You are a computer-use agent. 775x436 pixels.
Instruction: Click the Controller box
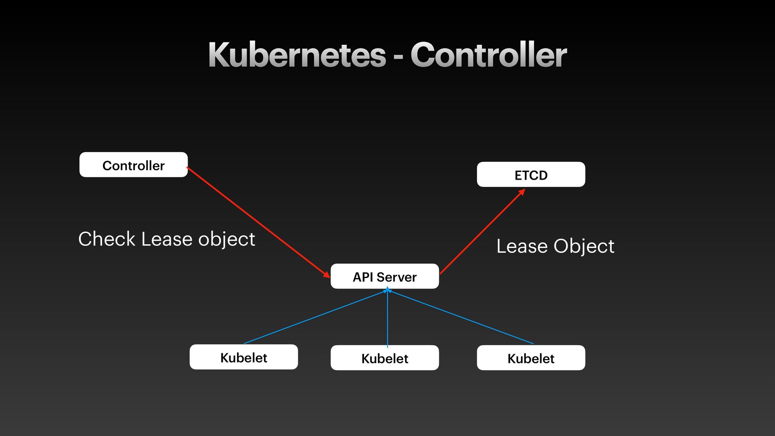click(134, 165)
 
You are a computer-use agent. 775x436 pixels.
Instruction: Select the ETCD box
click(531, 174)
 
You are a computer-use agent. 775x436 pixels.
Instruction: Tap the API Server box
click(384, 277)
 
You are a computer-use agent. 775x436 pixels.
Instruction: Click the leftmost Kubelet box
click(243, 357)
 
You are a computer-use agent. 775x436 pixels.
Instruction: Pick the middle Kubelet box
click(384, 358)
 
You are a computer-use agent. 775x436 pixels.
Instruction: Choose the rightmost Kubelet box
click(531, 358)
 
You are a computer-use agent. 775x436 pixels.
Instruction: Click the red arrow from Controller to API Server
click(258, 222)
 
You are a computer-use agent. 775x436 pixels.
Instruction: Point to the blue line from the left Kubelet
click(315, 317)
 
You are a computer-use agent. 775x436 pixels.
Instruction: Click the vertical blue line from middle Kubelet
click(387, 319)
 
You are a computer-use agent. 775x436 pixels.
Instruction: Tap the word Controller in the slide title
click(488, 55)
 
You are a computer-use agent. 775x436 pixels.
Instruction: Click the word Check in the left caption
click(107, 239)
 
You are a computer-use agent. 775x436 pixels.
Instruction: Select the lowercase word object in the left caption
click(226, 239)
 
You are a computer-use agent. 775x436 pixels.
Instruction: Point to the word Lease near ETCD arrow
click(522, 246)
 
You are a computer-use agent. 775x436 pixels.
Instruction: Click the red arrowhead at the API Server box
click(327, 275)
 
